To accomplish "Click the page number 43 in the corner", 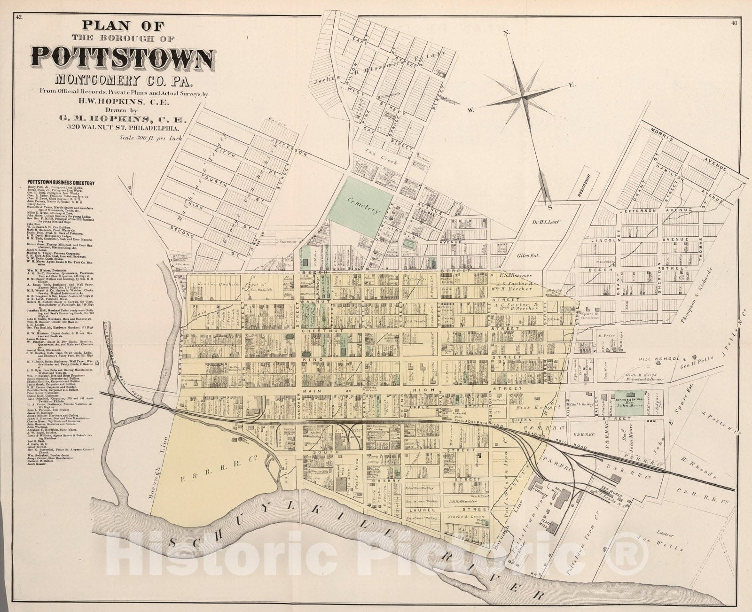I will pos(734,22).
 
